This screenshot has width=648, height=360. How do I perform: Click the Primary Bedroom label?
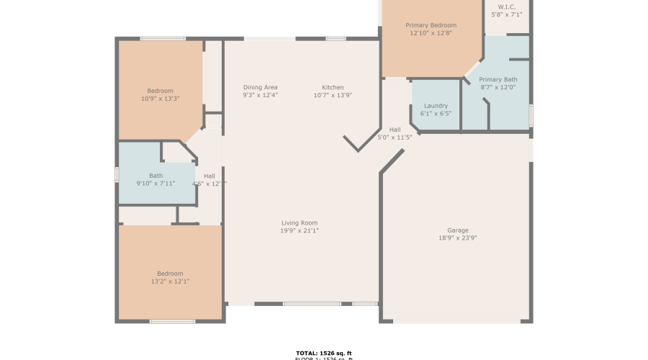431,25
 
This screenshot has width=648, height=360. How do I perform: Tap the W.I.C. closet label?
507,6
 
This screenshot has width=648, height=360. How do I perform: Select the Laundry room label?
436,106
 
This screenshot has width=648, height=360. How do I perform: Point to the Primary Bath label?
498,79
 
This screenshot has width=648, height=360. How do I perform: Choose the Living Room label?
300,223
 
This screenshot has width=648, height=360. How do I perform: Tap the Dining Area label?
260,87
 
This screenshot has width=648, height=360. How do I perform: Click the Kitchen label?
333,87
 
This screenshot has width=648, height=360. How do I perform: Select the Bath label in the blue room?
156,176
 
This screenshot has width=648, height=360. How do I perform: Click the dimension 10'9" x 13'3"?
160,99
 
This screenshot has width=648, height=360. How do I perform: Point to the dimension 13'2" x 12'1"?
171,282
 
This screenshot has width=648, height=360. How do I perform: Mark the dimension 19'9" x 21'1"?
300,231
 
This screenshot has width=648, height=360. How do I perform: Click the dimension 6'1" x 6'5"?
436,114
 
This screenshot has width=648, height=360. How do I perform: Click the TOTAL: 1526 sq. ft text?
323,353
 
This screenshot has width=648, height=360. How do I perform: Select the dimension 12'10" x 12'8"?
431,33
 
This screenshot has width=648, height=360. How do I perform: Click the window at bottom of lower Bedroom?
172,321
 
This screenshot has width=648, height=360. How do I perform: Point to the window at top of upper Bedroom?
163,38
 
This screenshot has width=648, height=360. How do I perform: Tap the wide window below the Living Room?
311,304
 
